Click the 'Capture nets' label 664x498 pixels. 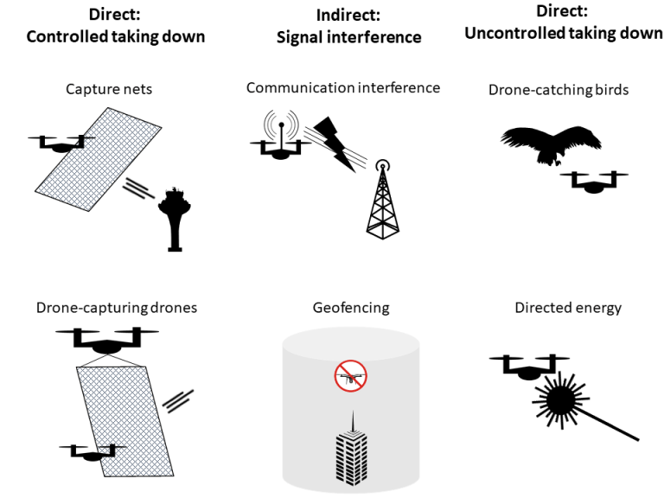click(x=108, y=89)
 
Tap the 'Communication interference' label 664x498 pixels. click(x=343, y=87)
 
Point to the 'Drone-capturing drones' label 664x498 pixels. click(x=116, y=308)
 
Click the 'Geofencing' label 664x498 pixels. click(x=350, y=308)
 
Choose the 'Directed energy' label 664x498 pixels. click(x=567, y=308)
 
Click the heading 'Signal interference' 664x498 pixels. click(x=348, y=37)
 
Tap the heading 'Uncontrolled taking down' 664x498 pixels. click(x=563, y=34)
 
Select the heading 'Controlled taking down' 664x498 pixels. click(x=116, y=36)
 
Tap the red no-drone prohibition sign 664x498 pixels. click(x=350, y=376)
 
